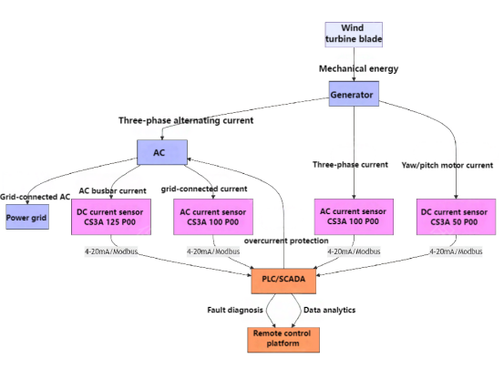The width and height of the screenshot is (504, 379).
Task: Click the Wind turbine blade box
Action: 354,35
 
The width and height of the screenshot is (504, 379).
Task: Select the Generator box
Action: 354,94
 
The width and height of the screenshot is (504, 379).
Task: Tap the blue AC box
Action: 162,152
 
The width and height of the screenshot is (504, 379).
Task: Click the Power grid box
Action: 27,217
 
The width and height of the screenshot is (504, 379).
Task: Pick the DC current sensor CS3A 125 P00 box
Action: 111,217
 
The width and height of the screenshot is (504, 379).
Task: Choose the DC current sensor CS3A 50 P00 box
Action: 456,217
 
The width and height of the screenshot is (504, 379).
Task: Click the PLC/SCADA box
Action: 283,281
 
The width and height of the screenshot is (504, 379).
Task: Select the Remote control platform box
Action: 283,340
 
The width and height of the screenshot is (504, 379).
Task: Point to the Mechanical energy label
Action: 358,68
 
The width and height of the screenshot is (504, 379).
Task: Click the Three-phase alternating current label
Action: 186,120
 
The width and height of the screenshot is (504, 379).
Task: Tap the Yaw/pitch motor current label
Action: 447,166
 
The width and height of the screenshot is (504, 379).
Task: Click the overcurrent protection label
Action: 286,241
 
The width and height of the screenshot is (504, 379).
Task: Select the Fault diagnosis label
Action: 235,310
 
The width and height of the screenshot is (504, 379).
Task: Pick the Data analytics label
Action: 329,310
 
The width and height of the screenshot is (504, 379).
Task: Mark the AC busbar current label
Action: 112,190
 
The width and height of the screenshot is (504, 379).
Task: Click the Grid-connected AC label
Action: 35,197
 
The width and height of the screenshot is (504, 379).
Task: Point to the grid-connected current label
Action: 204,189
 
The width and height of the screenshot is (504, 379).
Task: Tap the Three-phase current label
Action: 350,165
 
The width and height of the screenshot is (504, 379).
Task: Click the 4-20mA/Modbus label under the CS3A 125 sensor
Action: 111,251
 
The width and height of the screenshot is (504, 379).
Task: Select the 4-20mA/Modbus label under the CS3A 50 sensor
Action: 456,251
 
